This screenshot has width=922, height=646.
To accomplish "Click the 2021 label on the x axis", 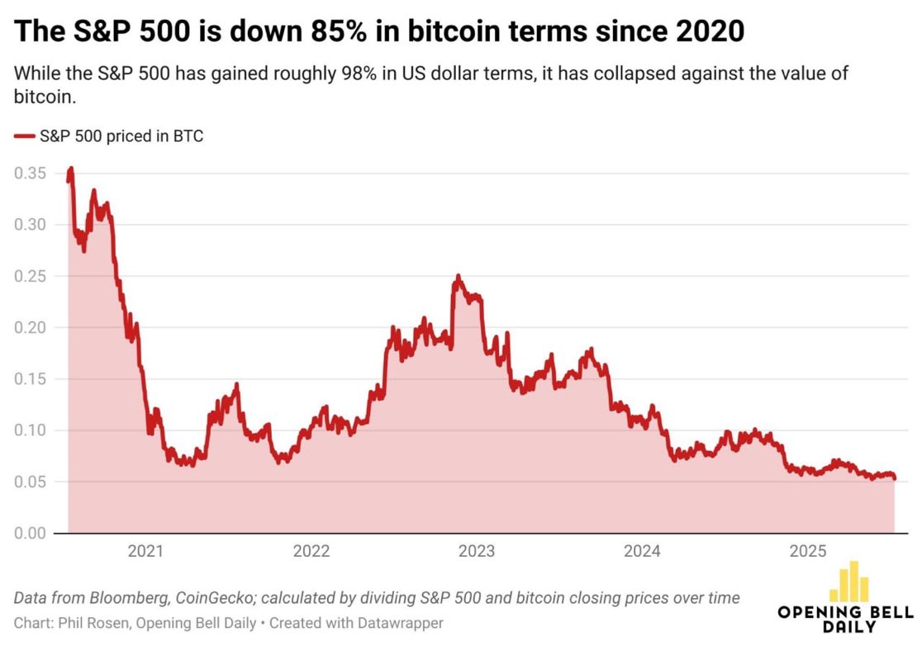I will tap(145, 552).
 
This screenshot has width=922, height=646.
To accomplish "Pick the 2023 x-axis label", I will tap(476, 552).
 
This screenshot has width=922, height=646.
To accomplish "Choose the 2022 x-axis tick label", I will tap(311, 552).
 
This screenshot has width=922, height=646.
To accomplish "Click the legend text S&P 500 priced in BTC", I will tap(121, 136).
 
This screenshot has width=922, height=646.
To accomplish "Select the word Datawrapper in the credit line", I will tap(401, 623).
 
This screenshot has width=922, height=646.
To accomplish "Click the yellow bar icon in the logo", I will tap(848, 583).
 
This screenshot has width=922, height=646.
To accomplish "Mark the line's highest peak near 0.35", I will tap(71, 169).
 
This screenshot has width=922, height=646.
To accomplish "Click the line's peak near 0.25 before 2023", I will tap(458, 277).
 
